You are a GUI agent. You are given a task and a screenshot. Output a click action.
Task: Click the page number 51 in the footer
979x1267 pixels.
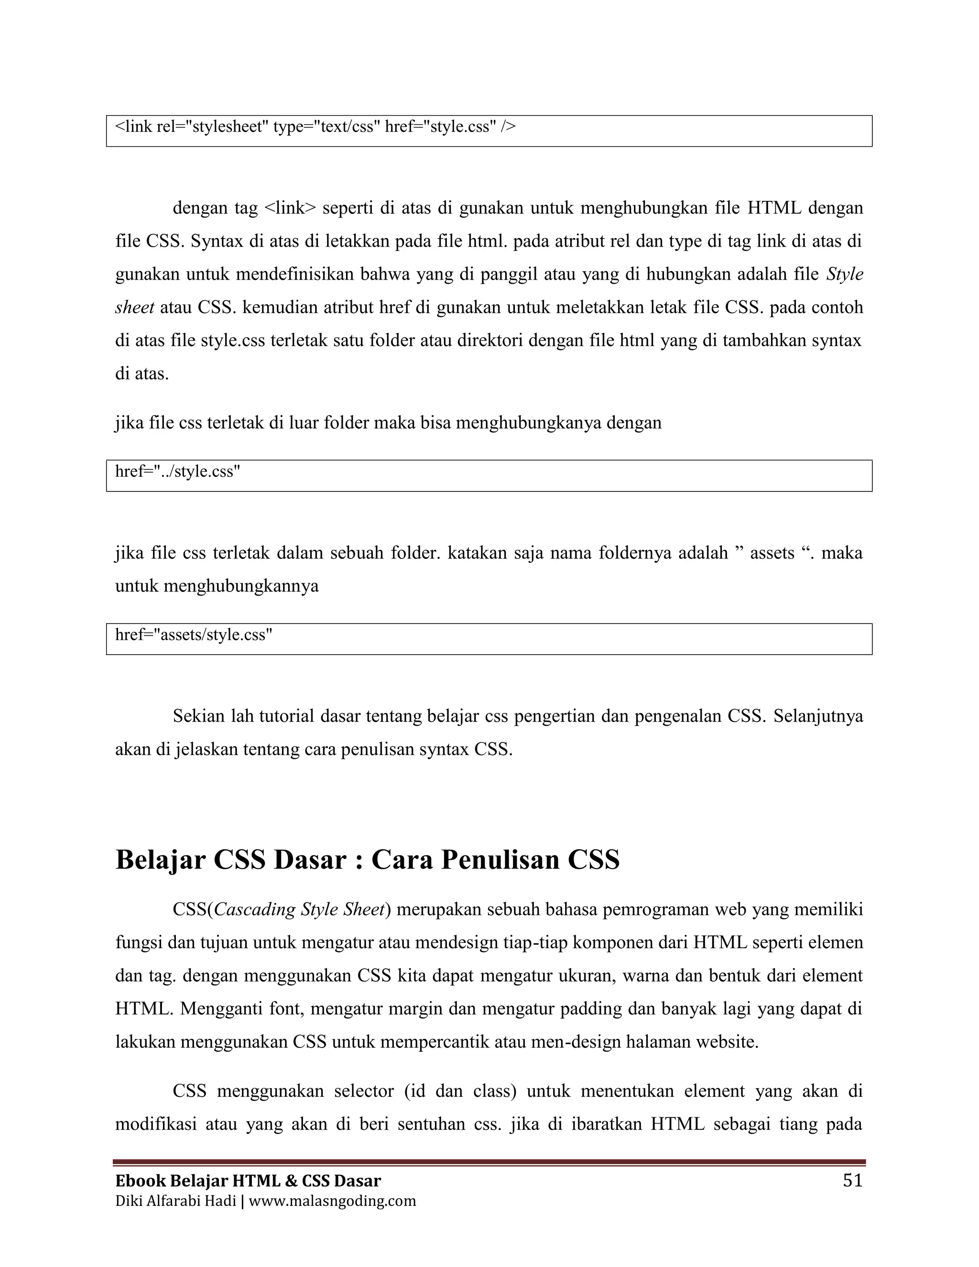pyautogui.click(x=852, y=1180)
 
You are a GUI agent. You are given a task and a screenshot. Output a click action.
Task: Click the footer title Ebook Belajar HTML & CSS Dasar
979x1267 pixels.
pyautogui.click(x=248, y=1180)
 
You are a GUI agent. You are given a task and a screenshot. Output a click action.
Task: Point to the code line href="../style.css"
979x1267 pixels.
pyautogui.click(x=177, y=471)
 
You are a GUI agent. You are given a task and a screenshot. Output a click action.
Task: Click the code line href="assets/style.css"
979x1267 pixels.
pyautogui.click(x=194, y=634)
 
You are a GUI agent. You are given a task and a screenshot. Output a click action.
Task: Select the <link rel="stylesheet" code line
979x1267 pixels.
pyautogui.click(x=315, y=127)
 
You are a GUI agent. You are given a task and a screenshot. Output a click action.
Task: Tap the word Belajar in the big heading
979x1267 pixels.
pyautogui.click(x=160, y=859)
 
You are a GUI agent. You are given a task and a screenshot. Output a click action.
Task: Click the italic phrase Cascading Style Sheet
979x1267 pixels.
pyautogui.click(x=299, y=909)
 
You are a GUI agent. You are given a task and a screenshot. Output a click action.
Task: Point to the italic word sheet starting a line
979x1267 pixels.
pyautogui.click(x=134, y=307)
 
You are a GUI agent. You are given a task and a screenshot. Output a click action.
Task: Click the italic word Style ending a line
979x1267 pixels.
pyautogui.click(x=845, y=274)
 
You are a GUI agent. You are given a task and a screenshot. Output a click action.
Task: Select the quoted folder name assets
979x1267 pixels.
pyautogui.click(x=772, y=552)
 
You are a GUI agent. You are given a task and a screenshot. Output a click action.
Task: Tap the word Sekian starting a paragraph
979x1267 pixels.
pyautogui.click(x=198, y=716)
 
